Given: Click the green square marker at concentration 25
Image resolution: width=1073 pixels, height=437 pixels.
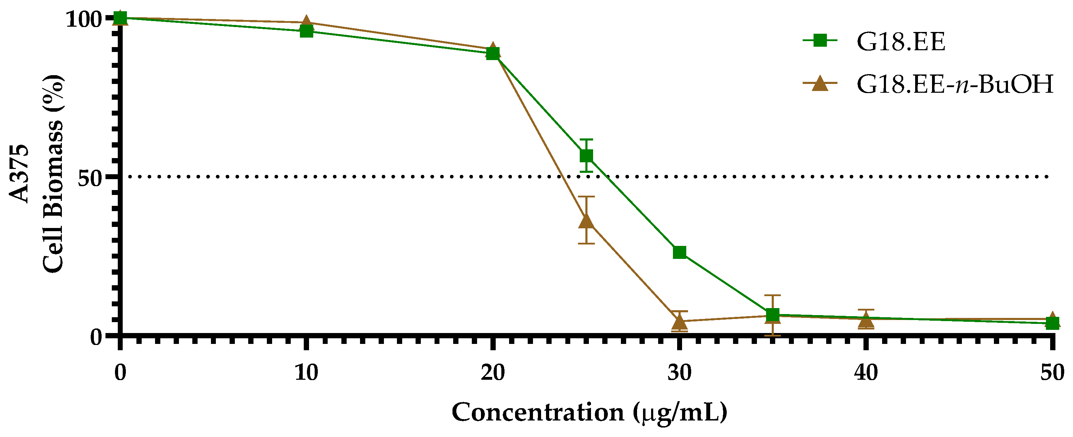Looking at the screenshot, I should tap(586, 156).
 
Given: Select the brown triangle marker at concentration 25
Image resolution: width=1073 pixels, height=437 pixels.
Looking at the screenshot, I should tap(586, 221).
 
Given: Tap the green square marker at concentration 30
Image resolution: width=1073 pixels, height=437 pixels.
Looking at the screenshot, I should tap(679, 252).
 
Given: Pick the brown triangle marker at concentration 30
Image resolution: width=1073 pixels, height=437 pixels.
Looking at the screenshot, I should tap(679, 322).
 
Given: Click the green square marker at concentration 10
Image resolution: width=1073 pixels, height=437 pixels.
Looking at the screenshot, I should tap(307, 31).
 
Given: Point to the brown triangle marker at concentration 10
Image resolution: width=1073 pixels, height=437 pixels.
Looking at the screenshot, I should tap(307, 22).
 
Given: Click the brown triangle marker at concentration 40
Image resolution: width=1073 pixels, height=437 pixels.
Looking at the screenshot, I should tap(866, 320).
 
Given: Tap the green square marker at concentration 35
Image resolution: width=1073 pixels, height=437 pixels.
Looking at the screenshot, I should tap(773, 315).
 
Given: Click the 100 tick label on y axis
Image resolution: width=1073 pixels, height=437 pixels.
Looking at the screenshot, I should tap(83, 19).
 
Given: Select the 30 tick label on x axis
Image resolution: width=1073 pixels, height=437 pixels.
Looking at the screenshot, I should tap(679, 372).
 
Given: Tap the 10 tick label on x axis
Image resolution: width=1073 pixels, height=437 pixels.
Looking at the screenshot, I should tap(307, 372).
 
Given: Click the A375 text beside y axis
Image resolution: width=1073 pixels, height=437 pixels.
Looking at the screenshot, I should tap(20, 174).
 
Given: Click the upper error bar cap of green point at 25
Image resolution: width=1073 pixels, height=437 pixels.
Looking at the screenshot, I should tap(586, 139).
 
